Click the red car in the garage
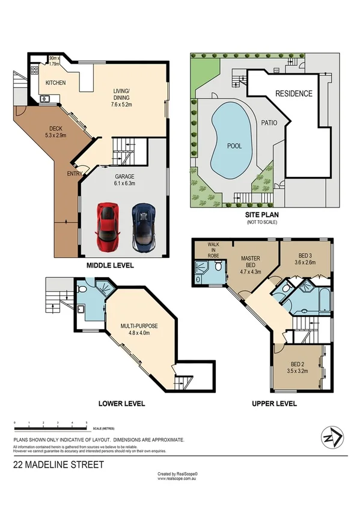108,227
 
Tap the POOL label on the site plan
234,146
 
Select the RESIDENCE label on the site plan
294,94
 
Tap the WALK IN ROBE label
214,249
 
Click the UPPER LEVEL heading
274,404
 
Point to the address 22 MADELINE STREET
59,465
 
